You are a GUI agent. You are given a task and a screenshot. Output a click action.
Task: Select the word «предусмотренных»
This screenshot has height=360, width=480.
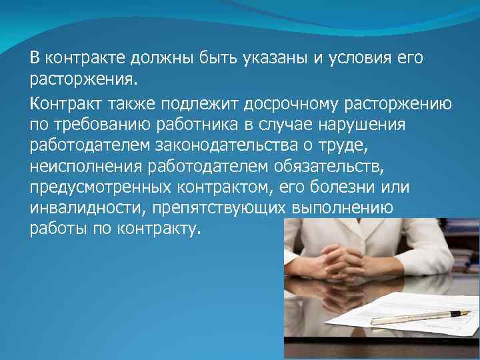[x=97, y=187]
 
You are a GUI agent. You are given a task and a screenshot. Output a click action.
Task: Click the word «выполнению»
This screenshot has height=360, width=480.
[x=342, y=207]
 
